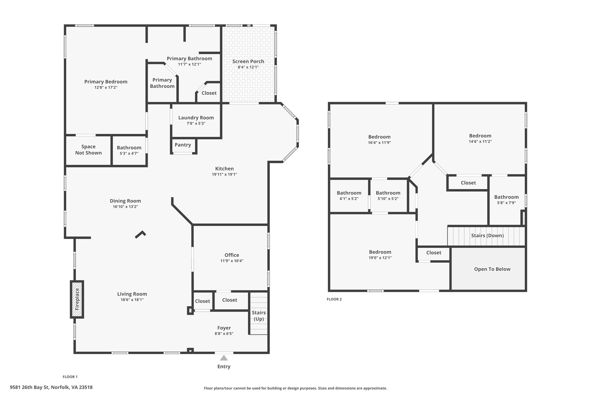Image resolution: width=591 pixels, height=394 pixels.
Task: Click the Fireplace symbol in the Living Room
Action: [77, 299]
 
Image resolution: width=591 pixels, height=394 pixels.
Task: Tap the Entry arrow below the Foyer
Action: [224, 358]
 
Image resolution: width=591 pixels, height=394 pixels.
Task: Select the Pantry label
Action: [183, 145]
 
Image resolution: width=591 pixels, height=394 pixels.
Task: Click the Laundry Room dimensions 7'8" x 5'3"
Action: [196, 124]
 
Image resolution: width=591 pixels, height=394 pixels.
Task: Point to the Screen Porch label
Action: [248, 61]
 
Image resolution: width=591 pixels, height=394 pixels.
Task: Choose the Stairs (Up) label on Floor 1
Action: [259, 315]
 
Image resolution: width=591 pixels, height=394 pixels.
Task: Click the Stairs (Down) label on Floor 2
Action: [487, 236]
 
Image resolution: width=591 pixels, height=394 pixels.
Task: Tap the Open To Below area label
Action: [492, 269]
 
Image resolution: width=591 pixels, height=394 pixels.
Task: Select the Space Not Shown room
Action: [88, 150]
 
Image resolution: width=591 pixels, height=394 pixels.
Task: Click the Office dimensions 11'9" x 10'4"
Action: [232, 261]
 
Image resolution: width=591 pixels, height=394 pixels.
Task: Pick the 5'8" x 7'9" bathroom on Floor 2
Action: [506, 200]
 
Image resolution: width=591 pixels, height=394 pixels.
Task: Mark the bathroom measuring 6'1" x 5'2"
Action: [349, 195]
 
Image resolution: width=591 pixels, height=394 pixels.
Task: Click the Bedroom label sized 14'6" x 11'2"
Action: [480, 136]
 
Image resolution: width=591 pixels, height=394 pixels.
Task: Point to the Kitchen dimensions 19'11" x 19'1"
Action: [224, 174]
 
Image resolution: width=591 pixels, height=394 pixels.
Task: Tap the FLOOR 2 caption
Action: [334, 299]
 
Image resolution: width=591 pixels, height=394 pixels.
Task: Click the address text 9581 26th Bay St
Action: [51, 387]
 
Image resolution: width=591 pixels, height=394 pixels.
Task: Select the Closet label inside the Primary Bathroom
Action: [209, 93]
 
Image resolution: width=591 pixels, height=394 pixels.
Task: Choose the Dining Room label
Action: [125, 201]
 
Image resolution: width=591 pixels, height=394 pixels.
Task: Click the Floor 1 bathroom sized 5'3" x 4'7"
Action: [129, 150]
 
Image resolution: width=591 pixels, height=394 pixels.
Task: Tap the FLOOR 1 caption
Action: [70, 377]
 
